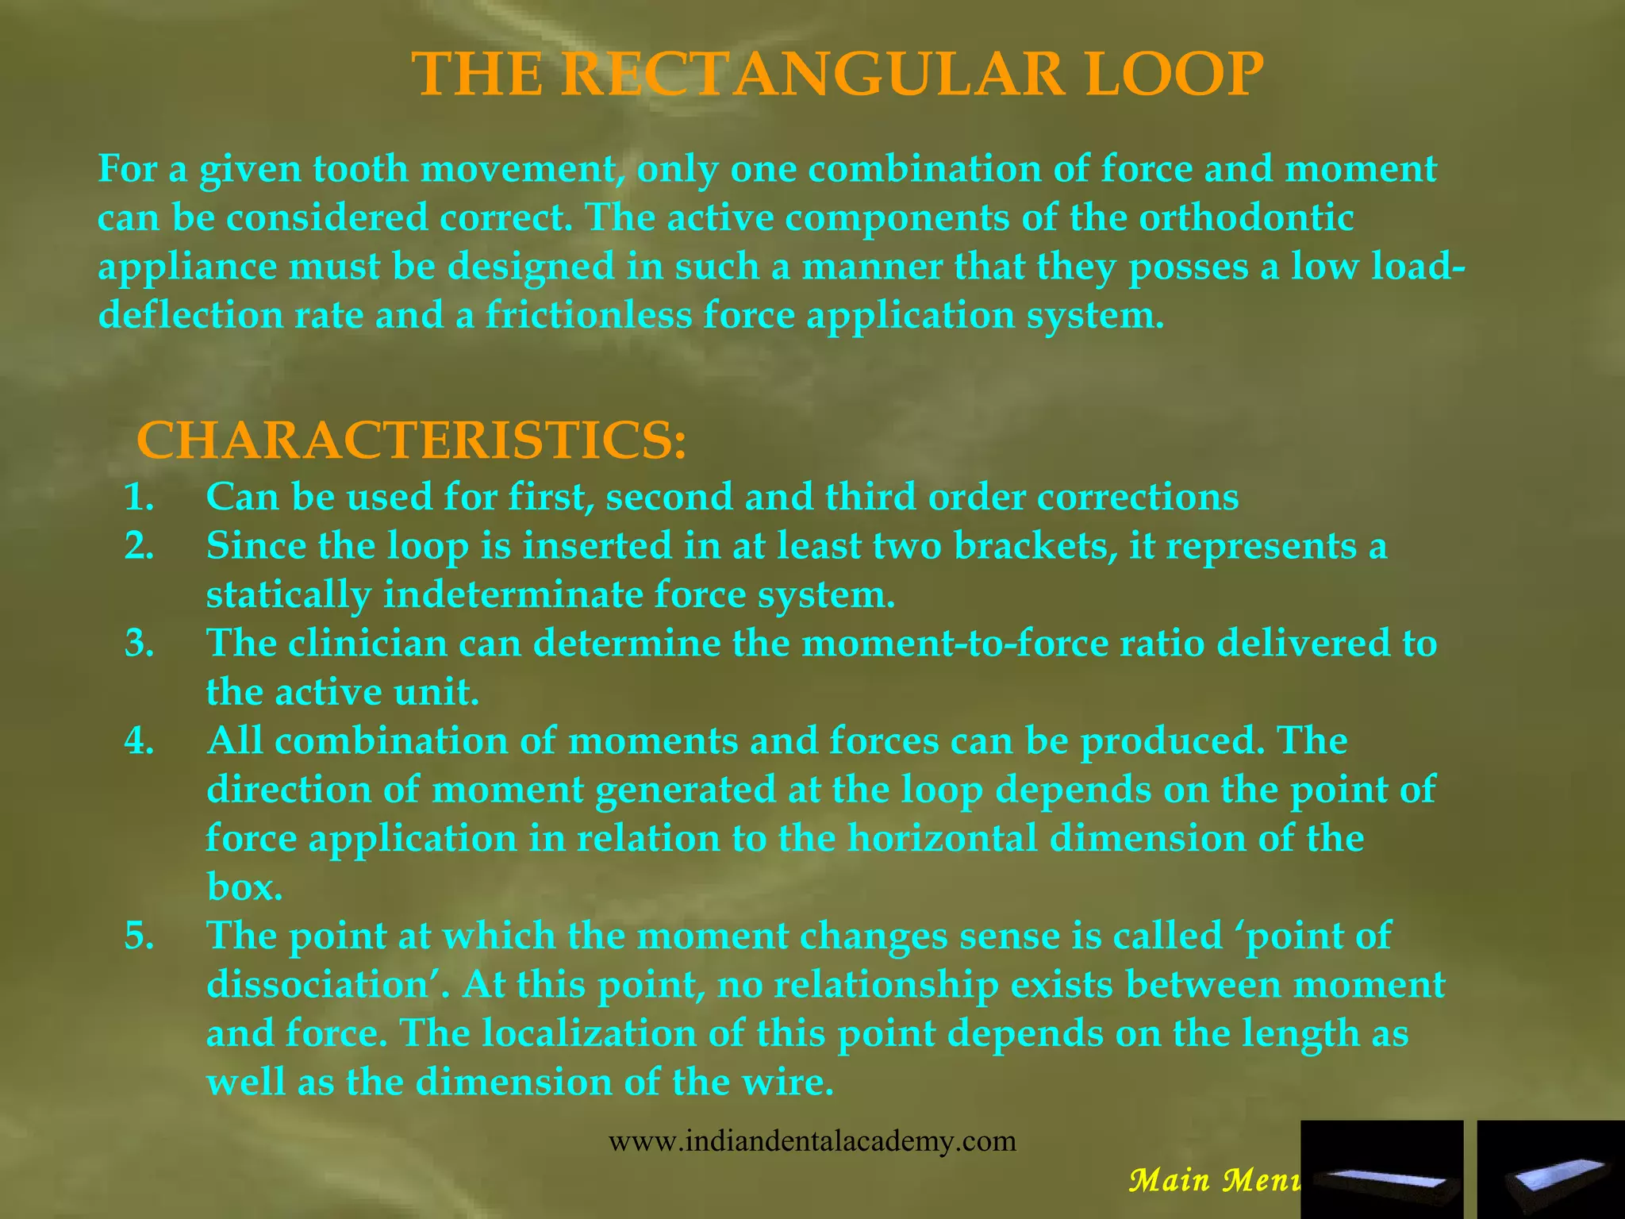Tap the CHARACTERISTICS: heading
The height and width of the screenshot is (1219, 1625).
click(x=411, y=441)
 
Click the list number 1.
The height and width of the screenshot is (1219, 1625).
click(x=140, y=498)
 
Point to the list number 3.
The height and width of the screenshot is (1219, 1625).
click(x=140, y=644)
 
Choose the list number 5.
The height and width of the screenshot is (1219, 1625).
click(x=140, y=936)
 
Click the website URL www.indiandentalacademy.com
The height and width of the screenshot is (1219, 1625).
click(x=812, y=1141)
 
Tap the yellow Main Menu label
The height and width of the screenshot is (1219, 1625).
click(x=1214, y=1180)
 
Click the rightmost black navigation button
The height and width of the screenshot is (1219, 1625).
click(x=1550, y=1169)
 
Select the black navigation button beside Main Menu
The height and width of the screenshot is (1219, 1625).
click(x=1382, y=1169)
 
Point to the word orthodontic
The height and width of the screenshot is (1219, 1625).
click(x=1246, y=218)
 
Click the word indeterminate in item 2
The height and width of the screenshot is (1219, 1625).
click(x=513, y=595)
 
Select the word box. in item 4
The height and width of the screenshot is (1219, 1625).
click(x=244, y=887)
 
